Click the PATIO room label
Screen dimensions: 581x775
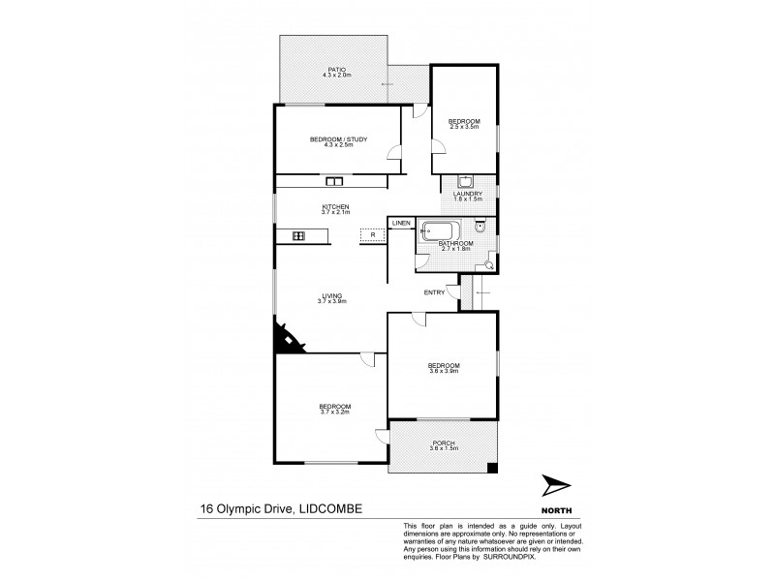pyautogui.click(x=337, y=70)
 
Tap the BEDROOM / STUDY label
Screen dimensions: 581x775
pyautogui.click(x=338, y=139)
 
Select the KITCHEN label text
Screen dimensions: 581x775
pyautogui.click(x=335, y=207)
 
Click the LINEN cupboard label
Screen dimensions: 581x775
pyautogui.click(x=401, y=224)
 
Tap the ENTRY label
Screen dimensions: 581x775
pyautogui.click(x=434, y=292)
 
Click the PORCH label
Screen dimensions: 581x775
pyautogui.click(x=444, y=443)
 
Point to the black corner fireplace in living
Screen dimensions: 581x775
pyautogui.click(x=286, y=340)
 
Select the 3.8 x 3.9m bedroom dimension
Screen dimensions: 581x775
pyautogui.click(x=444, y=371)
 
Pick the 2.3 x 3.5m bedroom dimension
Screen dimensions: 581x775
pyautogui.click(x=464, y=126)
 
